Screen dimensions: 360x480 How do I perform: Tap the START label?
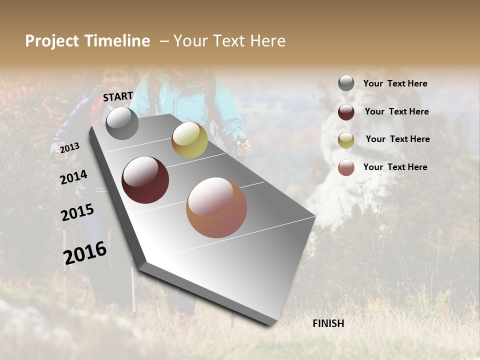pyautogui.click(x=118, y=96)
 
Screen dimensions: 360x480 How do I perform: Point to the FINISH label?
pyautogui.click(x=328, y=323)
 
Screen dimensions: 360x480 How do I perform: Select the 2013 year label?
pyautogui.click(x=69, y=148)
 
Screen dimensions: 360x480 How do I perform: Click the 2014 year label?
pyautogui.click(x=73, y=177)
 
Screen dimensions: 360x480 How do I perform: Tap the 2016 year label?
pyautogui.click(x=85, y=252)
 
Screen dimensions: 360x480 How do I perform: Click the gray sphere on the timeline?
pyautogui.click(x=122, y=123)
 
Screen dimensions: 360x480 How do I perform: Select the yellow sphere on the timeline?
pyautogui.click(x=189, y=140)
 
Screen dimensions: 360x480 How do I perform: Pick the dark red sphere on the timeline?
pyautogui.click(x=145, y=180)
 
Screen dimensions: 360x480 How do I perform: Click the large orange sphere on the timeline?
pyautogui.click(x=216, y=207)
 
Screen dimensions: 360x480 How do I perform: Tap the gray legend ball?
pyautogui.click(x=346, y=83)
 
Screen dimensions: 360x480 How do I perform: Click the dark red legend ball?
pyautogui.click(x=346, y=112)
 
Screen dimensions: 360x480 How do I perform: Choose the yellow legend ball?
pyautogui.click(x=346, y=140)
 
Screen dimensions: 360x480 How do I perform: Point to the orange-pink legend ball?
pyautogui.click(x=346, y=167)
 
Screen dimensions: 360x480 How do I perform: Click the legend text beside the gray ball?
pyautogui.click(x=395, y=84)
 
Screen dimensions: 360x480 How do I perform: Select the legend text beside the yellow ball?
pyautogui.click(x=397, y=139)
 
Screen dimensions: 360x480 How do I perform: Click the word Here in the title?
pyautogui.click(x=268, y=41)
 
